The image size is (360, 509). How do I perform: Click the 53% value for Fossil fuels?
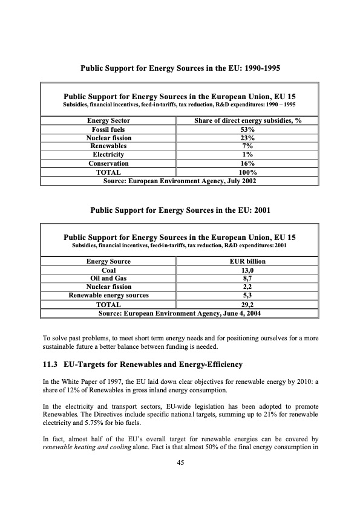(247, 129)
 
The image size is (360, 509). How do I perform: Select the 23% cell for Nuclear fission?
(247, 138)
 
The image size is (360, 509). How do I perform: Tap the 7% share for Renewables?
(247, 146)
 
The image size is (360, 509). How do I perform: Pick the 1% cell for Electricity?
(247, 155)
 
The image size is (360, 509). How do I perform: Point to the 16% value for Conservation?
(247, 163)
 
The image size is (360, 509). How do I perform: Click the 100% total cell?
(247, 172)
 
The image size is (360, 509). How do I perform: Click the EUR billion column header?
(247, 261)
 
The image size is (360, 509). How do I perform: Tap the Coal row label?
(109, 270)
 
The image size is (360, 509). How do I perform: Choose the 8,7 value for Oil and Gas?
(247, 278)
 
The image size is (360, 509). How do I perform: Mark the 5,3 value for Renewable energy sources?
(247, 295)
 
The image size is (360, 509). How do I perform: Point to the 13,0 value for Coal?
(247, 270)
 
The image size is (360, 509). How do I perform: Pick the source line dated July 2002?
(180, 180)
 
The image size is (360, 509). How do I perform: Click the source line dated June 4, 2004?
(180, 313)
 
